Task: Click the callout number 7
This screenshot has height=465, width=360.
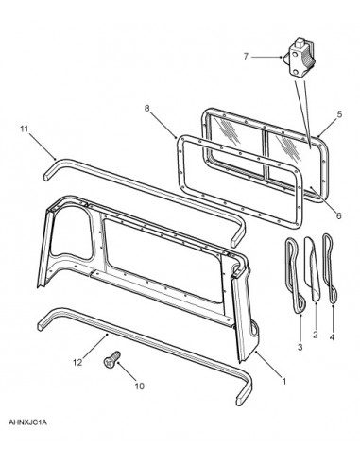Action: (246, 57)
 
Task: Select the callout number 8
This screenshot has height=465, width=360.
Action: (146, 109)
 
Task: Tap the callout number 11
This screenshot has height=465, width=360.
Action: (25, 129)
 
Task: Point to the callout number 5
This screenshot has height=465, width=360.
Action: (339, 114)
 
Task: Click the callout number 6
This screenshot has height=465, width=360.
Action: (338, 215)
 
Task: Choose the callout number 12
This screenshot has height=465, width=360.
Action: (77, 363)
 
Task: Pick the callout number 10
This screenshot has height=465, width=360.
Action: (139, 387)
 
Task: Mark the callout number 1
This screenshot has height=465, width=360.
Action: (283, 382)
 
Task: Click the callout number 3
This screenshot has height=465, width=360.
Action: (300, 347)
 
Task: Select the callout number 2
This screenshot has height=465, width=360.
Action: (316, 335)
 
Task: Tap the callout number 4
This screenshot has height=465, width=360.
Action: (332, 337)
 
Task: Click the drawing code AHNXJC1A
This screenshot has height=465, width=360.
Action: (27, 422)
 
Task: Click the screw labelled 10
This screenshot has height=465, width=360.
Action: (112, 359)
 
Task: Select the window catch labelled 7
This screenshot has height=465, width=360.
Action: (298, 58)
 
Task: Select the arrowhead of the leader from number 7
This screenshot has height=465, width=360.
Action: (281, 57)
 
